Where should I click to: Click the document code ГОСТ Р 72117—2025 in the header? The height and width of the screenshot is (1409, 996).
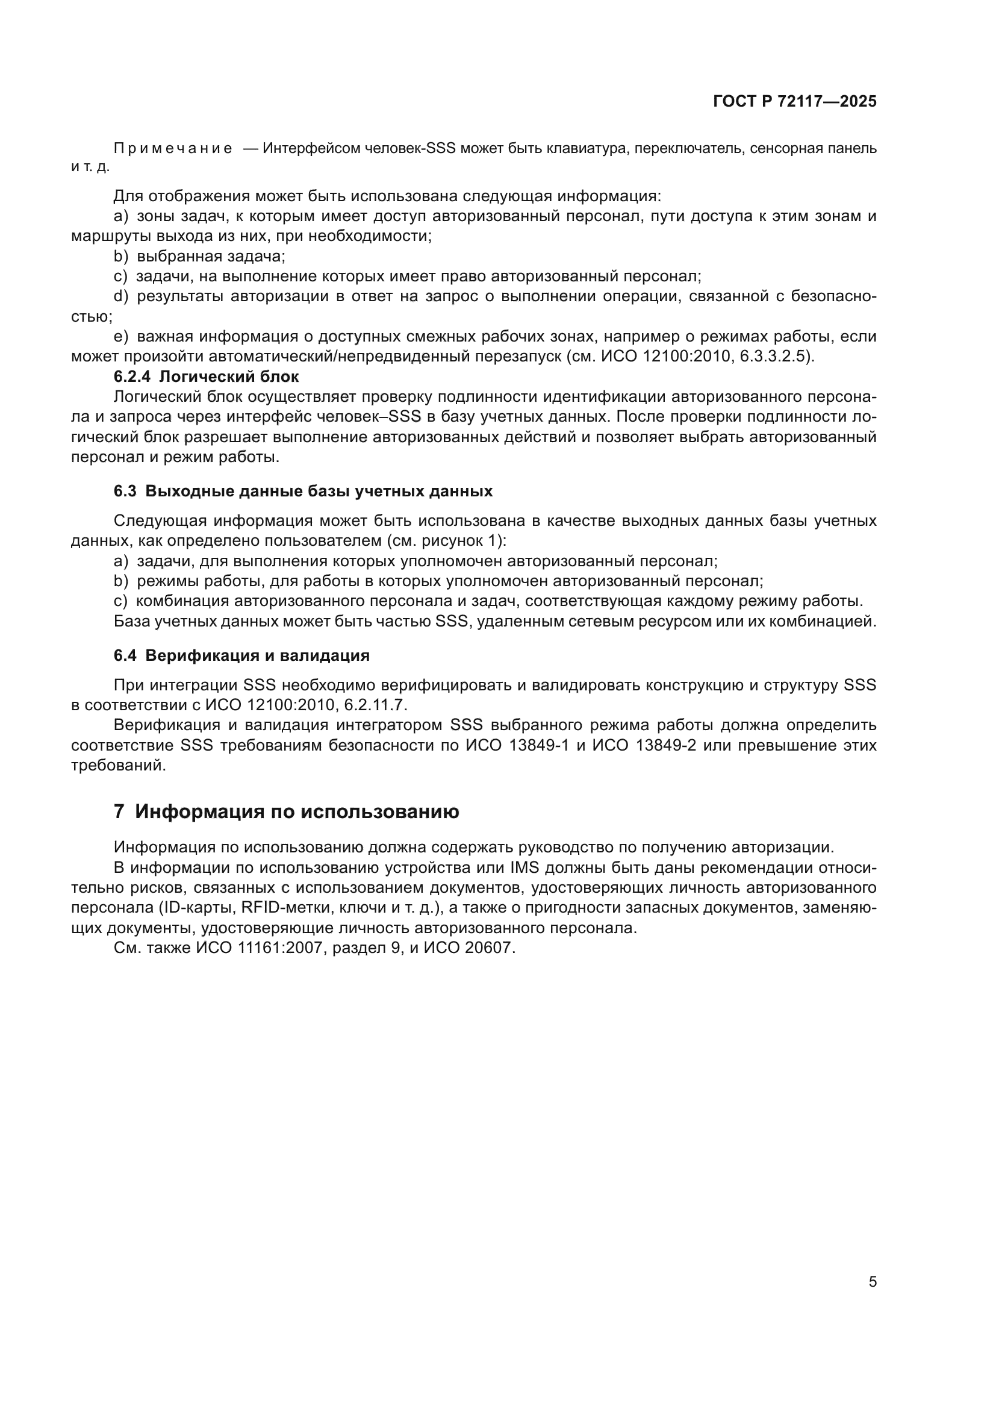(x=795, y=102)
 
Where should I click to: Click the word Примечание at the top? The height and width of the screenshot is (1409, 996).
(x=173, y=149)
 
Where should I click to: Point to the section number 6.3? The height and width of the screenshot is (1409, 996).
(x=125, y=492)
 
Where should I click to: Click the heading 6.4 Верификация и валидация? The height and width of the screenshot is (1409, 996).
(x=241, y=655)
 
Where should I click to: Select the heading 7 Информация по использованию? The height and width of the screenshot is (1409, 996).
(x=287, y=812)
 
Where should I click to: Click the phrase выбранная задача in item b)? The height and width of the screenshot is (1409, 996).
(x=211, y=257)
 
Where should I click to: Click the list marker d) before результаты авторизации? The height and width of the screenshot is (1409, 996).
(x=121, y=297)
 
